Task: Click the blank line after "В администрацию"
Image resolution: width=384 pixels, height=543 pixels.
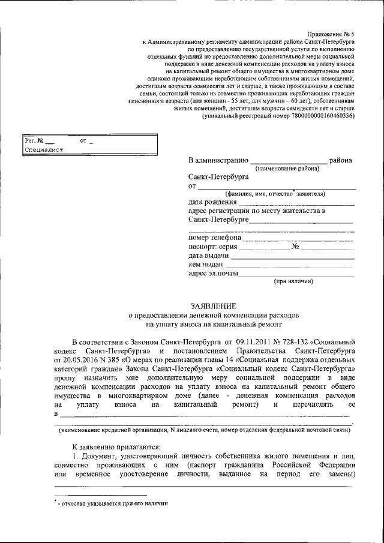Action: [x=288, y=161]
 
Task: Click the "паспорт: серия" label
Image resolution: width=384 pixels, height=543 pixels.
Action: [x=213, y=247]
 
